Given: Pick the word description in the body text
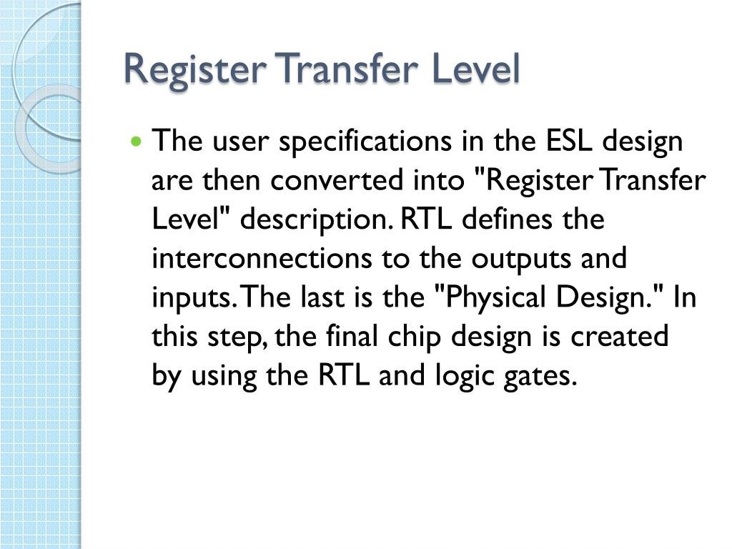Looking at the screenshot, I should [x=315, y=220].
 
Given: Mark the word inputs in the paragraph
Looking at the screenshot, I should [x=190, y=298].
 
